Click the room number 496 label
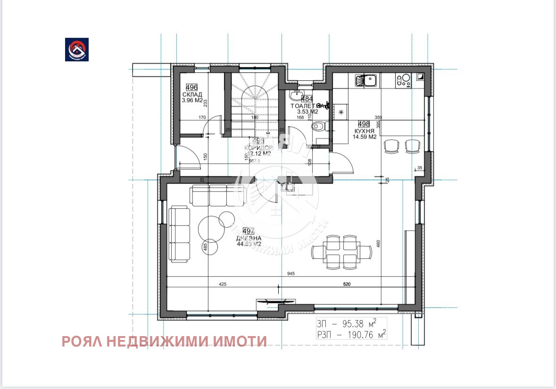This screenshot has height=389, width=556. click(191, 87)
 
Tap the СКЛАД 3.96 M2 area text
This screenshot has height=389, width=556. click(192, 97)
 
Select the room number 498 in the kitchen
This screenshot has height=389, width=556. click(364, 124)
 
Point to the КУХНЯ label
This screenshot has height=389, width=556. click(364, 131)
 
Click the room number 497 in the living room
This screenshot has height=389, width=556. click(249, 231)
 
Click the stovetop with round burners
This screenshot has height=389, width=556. click(404, 81)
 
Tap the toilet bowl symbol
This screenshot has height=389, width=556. click(319, 126)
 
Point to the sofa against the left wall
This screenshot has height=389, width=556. click(180, 234)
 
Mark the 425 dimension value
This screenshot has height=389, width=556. click(223, 285)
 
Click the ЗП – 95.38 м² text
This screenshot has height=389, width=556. click(347, 324)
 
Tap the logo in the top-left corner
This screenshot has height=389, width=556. click(77, 49)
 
